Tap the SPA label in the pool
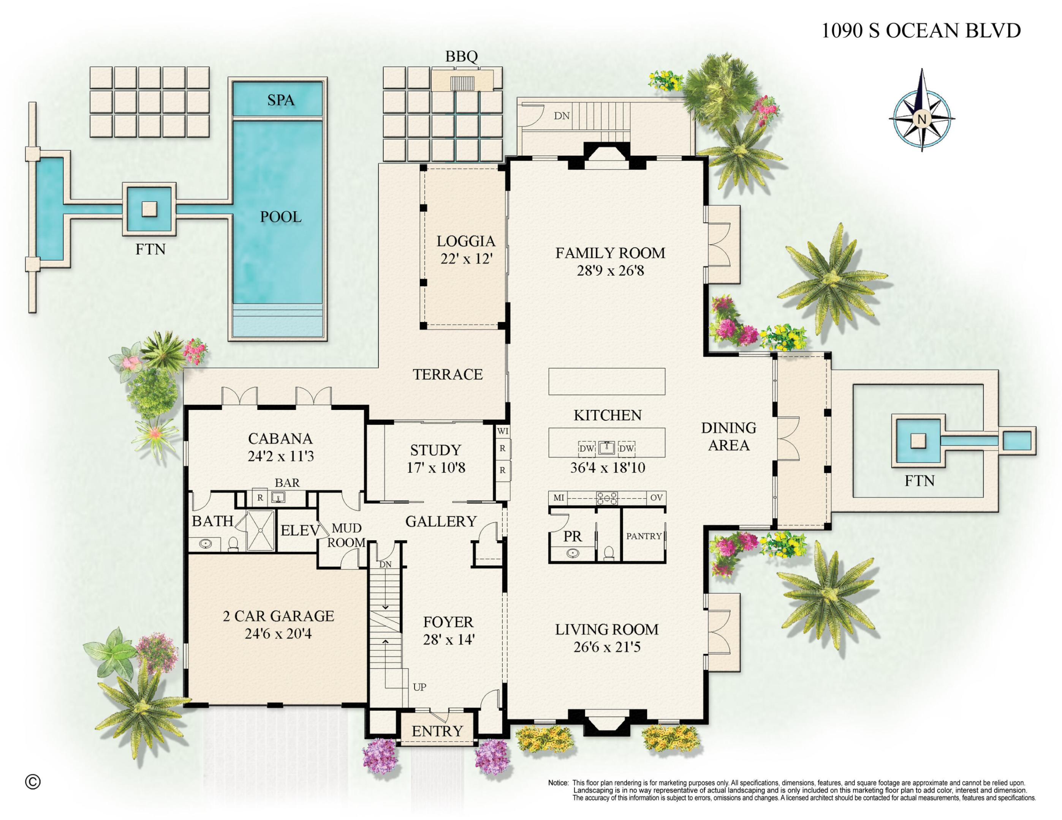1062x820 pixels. pyautogui.click(x=280, y=100)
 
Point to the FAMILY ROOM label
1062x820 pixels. pyautogui.click(x=610, y=253)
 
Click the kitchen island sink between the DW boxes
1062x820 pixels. pyautogui.click(x=606, y=448)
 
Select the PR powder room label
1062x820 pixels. pyautogui.click(x=572, y=537)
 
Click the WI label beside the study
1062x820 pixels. pyautogui.click(x=502, y=431)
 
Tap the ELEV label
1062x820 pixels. pyautogui.click(x=299, y=530)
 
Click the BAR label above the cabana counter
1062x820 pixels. pyautogui.click(x=287, y=483)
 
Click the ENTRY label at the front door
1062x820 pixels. pyautogui.click(x=437, y=731)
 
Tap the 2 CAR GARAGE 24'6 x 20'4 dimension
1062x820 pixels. pyautogui.click(x=278, y=634)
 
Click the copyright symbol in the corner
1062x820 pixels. pyautogui.click(x=33, y=782)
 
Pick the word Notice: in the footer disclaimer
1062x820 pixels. pyautogui.click(x=558, y=783)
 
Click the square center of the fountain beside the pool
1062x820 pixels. pyautogui.click(x=149, y=209)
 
